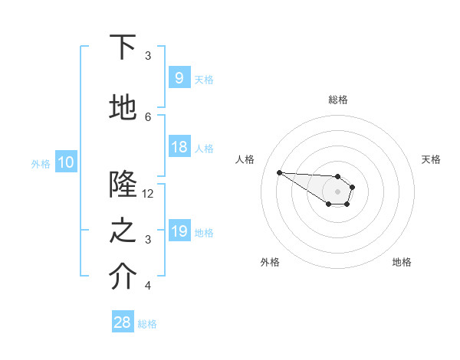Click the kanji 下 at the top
pyautogui.click(x=123, y=47)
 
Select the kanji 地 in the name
pyautogui.click(x=123, y=108)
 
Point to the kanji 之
pyautogui.click(x=123, y=231)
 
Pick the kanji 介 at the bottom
pyautogui.click(x=123, y=278)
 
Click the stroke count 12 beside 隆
pyautogui.click(x=148, y=194)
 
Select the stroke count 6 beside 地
pyautogui.click(x=148, y=116)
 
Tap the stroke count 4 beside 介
pyautogui.click(x=148, y=286)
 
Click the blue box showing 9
pyautogui.click(x=179, y=77)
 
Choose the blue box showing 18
pyautogui.click(x=179, y=147)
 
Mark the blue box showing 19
pyautogui.click(x=179, y=231)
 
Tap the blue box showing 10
pyautogui.click(x=66, y=162)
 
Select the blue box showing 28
pyautogui.click(x=123, y=322)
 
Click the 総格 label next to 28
pyautogui.click(x=147, y=324)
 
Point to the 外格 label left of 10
pyautogui.click(x=41, y=163)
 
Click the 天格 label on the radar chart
pyautogui.click(x=431, y=159)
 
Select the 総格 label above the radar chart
pyautogui.click(x=337, y=100)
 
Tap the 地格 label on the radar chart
pyautogui.click(x=402, y=262)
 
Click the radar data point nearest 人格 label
pyautogui.click(x=279, y=172)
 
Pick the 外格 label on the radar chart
pyautogui.click(x=270, y=262)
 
